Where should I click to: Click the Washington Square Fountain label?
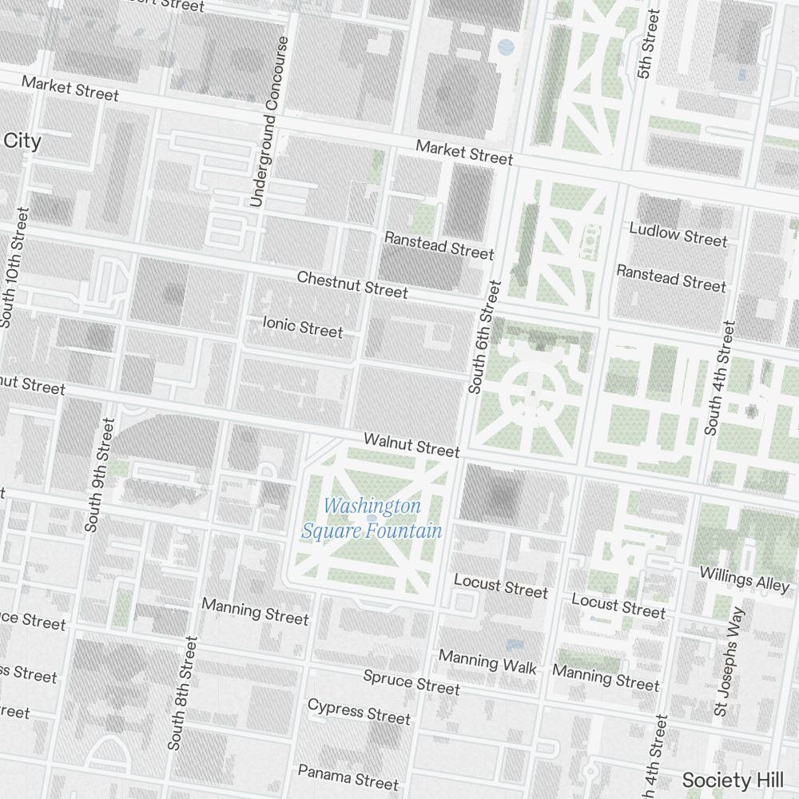pos(372,519)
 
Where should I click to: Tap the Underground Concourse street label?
pos(268,121)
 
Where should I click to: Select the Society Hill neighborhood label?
pos(738,780)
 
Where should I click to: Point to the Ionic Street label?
pos(303,326)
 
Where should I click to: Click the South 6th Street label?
pos(485,336)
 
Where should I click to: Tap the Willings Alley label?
pos(744,578)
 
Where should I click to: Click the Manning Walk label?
pos(488,662)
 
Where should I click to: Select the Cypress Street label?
pos(359,710)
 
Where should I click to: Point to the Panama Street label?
pos(348,775)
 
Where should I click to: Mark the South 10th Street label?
pos(14,267)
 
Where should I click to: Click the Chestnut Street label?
pos(352,284)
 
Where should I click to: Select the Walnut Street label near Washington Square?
pos(411,444)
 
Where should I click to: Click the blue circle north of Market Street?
pos(506,47)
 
